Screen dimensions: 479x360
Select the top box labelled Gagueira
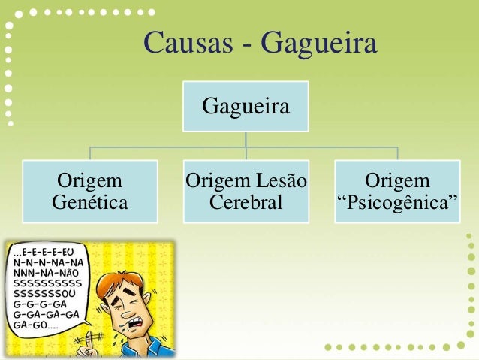tap(246, 107)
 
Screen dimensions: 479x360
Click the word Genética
tap(89, 202)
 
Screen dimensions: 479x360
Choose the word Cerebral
tap(246, 202)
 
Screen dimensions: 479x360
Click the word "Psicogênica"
tap(396, 203)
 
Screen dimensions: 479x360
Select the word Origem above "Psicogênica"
tap(397, 181)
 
